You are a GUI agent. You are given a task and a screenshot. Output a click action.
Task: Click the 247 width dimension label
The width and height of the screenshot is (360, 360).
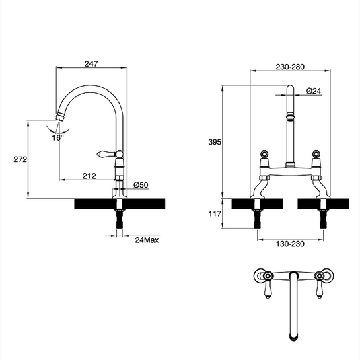click(93, 64)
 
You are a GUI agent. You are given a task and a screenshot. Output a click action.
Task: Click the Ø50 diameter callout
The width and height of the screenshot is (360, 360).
click(140, 184)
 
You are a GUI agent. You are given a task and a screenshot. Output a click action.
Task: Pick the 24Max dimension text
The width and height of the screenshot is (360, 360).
click(146, 239)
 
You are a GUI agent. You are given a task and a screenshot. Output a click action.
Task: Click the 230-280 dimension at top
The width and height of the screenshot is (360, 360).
click(290, 67)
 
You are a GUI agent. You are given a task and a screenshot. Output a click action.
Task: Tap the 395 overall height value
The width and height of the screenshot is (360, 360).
click(215, 143)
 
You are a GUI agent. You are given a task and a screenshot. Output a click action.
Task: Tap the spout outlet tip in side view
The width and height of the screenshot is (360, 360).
click(59, 118)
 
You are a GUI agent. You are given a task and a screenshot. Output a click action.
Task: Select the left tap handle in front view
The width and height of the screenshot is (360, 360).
click(265, 157)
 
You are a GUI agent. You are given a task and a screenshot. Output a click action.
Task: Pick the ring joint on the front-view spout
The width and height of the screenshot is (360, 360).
click(291, 118)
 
